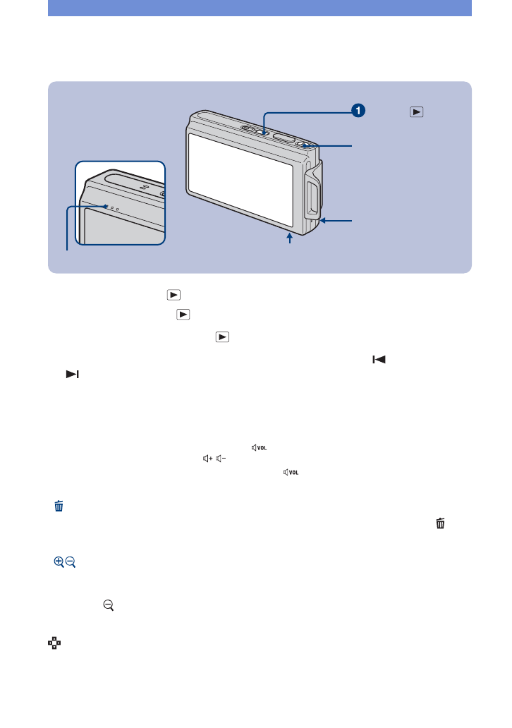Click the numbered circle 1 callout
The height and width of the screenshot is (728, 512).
click(359, 110)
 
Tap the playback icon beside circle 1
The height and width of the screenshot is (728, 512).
click(417, 111)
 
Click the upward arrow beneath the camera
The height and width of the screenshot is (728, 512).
click(289, 240)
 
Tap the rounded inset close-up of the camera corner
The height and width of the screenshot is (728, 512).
click(119, 203)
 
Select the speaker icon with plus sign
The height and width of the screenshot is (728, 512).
click(207, 459)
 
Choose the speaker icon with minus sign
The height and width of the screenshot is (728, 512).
click(221, 459)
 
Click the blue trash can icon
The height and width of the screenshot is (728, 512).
click(59, 505)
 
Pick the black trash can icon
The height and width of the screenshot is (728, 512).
click(441, 523)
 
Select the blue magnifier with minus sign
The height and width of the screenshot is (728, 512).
click(71, 562)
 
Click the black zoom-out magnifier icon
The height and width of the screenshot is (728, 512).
click(108, 605)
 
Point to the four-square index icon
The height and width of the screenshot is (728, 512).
click(52, 643)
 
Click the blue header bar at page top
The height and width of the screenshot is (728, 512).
click(260, 8)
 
